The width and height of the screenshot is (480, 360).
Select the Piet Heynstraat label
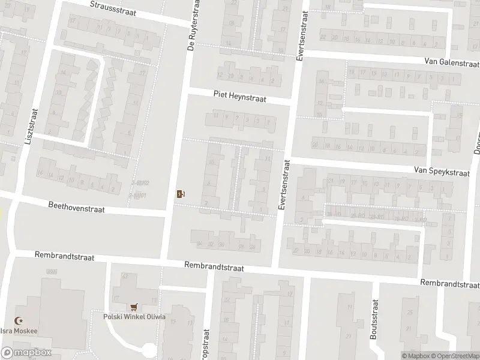coord(239,95)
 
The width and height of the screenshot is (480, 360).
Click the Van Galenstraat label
coord(451,62)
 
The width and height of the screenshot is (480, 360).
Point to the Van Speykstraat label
coord(441,171)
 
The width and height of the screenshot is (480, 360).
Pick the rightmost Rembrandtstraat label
coord(449,283)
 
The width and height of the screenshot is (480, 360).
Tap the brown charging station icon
coord(180,193)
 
